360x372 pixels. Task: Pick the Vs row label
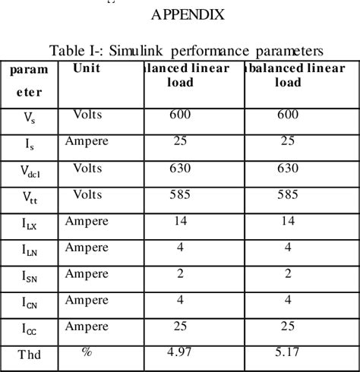[28, 117]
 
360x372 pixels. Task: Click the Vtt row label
[28, 197]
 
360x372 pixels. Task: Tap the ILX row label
[28, 223]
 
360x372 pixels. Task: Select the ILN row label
[28, 250]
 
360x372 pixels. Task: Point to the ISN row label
[28, 276]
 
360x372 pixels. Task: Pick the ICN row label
[28, 303]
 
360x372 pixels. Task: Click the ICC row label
[28, 329]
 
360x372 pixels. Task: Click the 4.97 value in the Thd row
[181, 352]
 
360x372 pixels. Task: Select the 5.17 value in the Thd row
[288, 352]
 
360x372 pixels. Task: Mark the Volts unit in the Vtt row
[87, 194]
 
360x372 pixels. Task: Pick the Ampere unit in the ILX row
[87, 221]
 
